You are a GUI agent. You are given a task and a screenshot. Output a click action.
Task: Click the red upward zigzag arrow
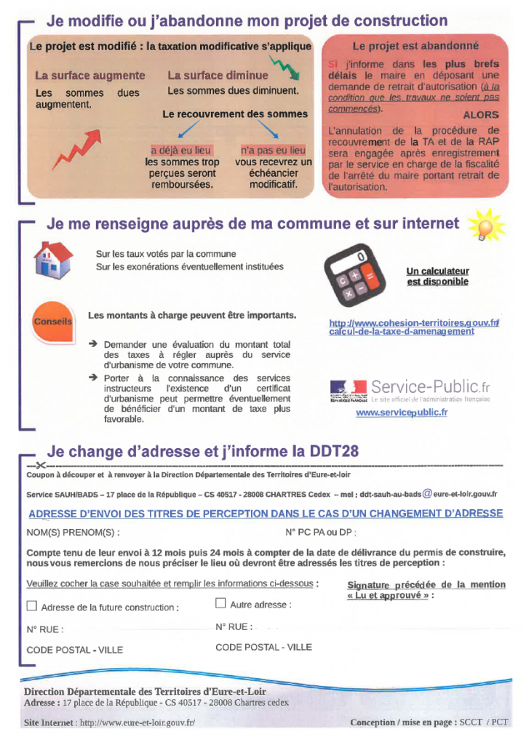coord(76,148)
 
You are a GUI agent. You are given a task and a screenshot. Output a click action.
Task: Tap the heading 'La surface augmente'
coord(90,76)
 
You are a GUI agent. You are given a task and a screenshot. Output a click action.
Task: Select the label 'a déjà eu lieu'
coord(181,151)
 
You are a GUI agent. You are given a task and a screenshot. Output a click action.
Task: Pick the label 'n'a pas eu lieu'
coord(273,151)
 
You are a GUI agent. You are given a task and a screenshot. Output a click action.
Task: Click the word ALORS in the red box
coord(481,115)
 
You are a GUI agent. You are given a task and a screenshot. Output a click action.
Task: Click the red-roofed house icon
coord(53,260)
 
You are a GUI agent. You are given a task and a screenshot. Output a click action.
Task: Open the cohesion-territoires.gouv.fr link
coord(413,327)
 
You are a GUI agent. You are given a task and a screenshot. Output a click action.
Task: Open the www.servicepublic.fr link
coord(401,413)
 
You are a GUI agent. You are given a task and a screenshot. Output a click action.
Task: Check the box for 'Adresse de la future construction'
coord(31,605)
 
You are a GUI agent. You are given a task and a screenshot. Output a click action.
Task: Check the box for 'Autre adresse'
coord(220,603)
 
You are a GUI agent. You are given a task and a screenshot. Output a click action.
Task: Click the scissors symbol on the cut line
coord(38,466)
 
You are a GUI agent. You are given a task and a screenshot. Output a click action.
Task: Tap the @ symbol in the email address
coord(427,493)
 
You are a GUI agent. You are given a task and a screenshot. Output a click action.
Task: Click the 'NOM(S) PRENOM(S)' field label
coord(73,532)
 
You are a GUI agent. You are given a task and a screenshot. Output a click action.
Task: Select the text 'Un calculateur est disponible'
coord(437,276)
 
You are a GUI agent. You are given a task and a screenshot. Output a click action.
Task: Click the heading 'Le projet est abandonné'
coord(415,45)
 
